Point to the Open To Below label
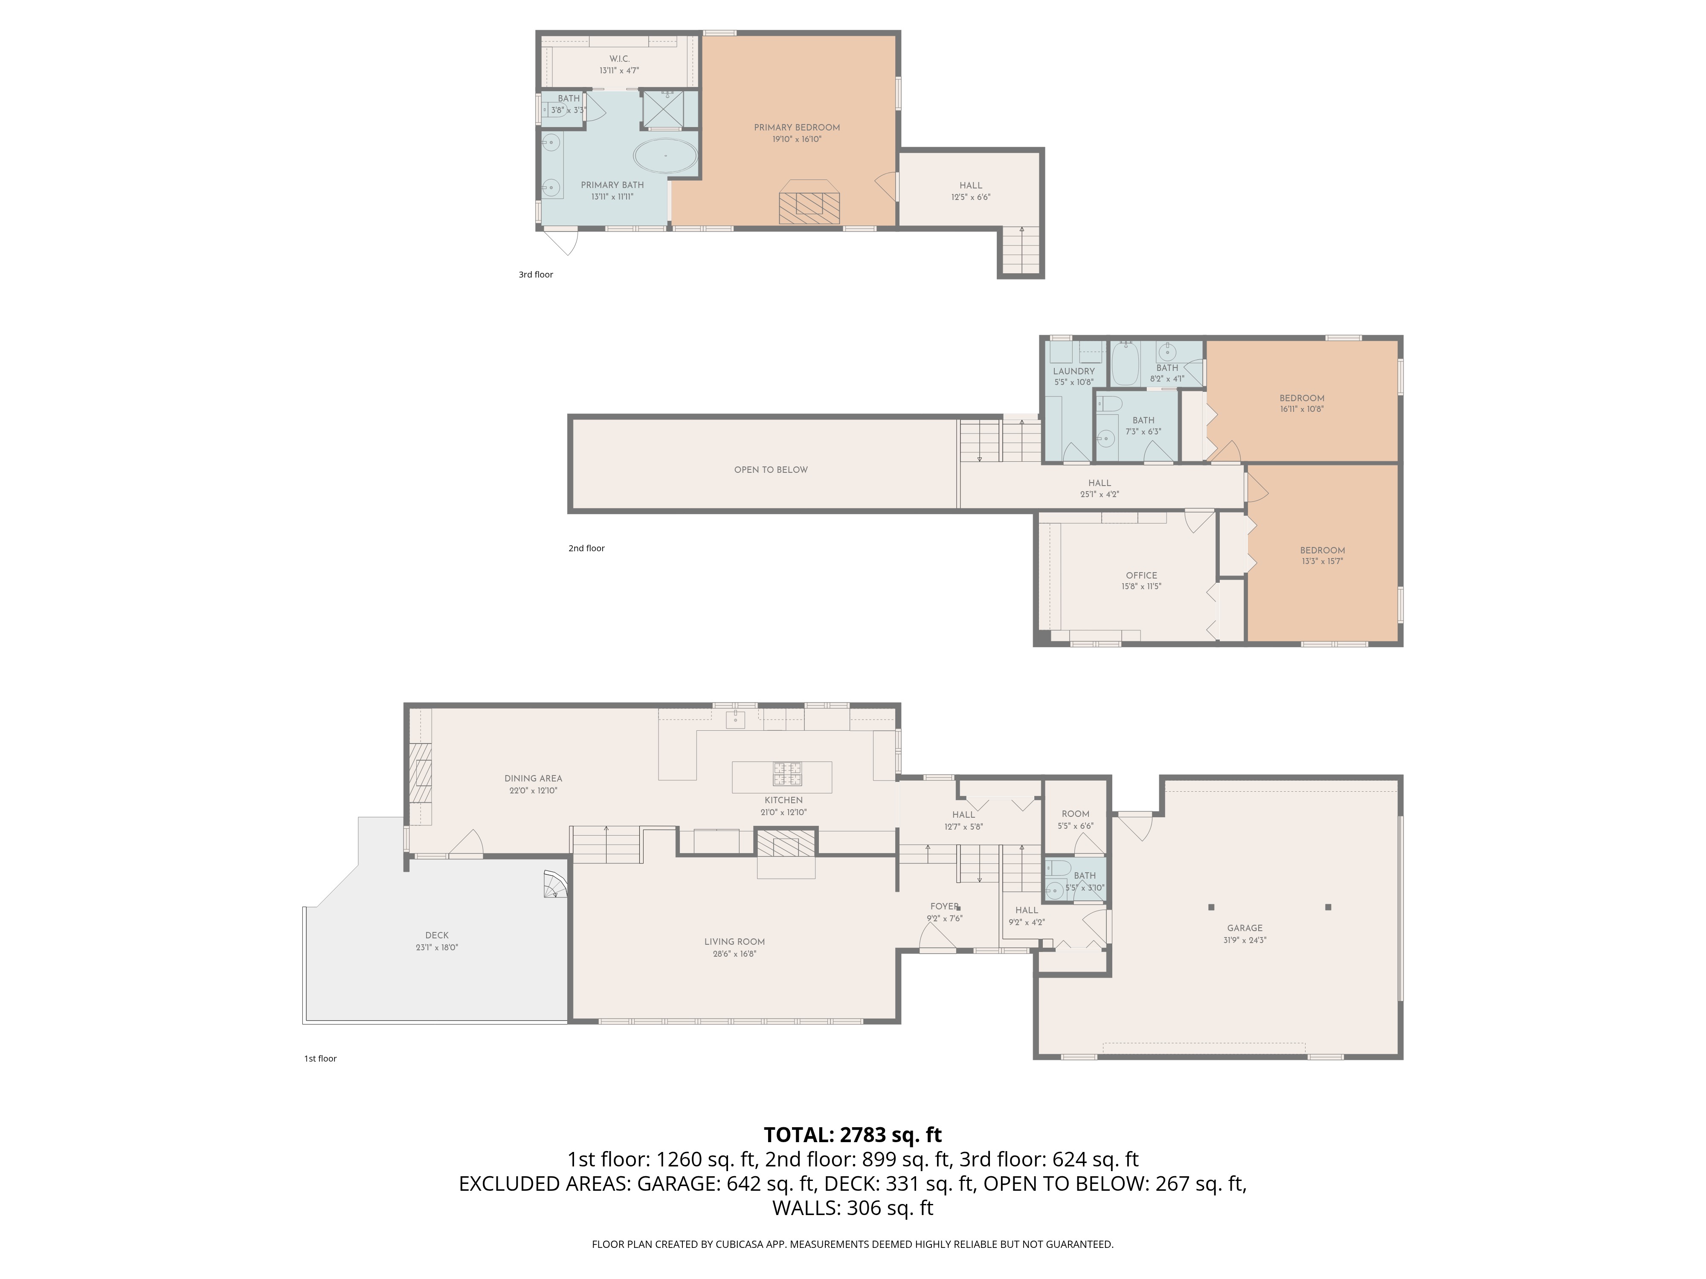[771, 469]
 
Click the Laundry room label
[1074, 371]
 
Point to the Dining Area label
[533, 778]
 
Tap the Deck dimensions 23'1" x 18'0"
[437, 947]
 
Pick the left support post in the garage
[1211, 907]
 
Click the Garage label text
[1244, 928]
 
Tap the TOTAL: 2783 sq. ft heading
[852, 1135]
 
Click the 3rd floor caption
[535, 275]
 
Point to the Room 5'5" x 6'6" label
[1075, 814]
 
